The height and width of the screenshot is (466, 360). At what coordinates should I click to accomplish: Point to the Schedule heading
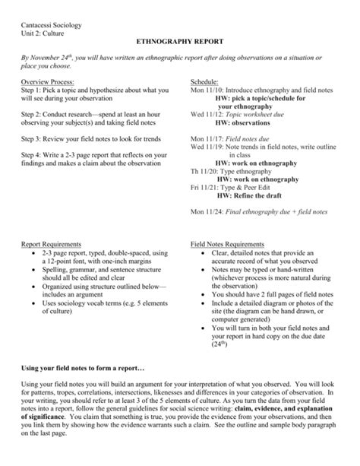205,81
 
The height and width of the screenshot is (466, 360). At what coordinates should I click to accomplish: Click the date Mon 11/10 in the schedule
205,90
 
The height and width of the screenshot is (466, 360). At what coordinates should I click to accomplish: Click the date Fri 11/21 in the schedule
204,187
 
